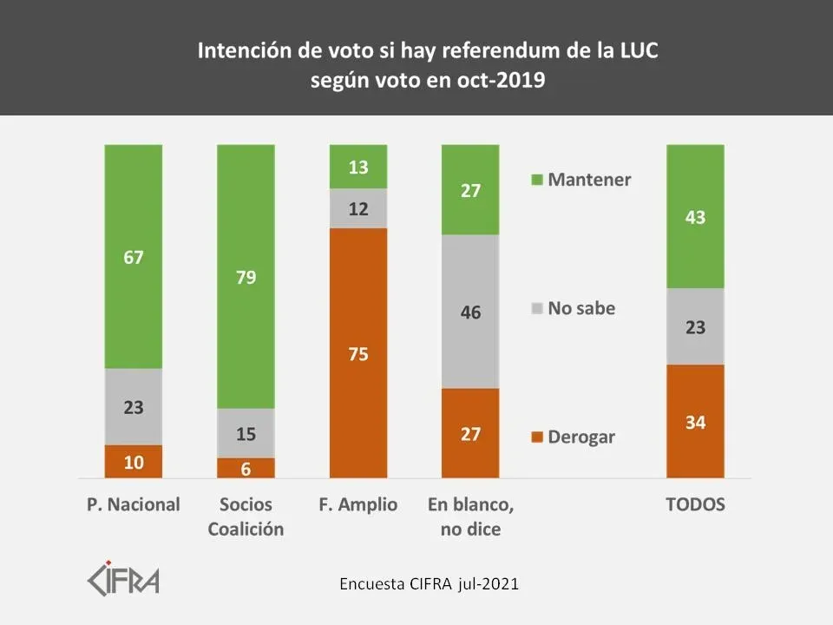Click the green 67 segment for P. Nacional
(x=133, y=257)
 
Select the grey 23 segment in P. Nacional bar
(x=133, y=406)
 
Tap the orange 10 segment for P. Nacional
(x=133, y=461)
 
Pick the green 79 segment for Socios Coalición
(x=246, y=277)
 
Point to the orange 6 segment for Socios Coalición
(x=246, y=467)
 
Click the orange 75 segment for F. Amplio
(x=357, y=352)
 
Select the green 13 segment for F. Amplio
(x=357, y=167)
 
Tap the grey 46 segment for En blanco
(x=470, y=311)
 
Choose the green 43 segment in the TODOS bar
(x=694, y=216)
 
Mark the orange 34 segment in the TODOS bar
(x=694, y=422)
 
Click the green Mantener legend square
(x=536, y=181)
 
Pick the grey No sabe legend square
(x=536, y=308)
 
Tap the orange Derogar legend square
(x=536, y=437)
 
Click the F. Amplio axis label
(x=357, y=504)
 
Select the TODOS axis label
(x=694, y=504)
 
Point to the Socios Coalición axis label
(x=246, y=516)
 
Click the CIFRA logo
(x=125, y=577)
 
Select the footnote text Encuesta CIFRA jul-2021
(x=429, y=584)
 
